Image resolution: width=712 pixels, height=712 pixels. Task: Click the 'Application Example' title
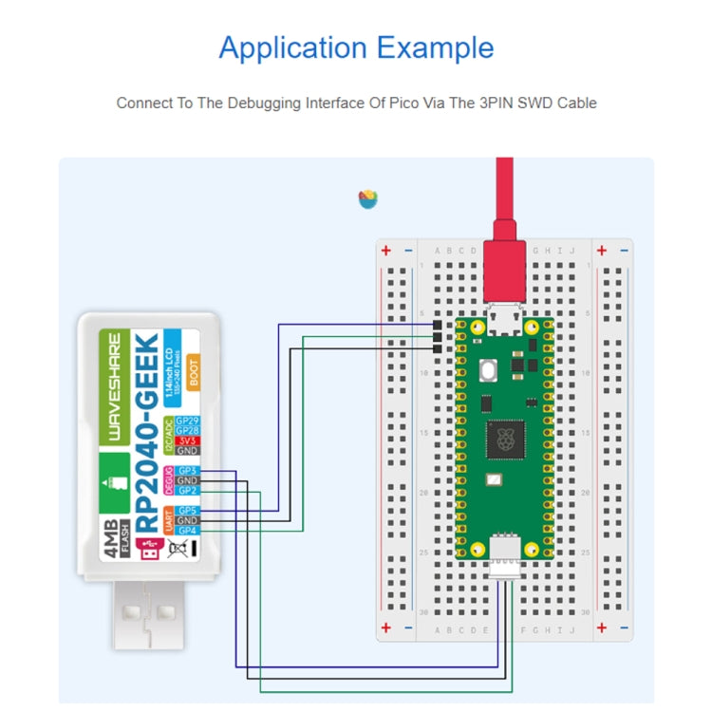coord(356,47)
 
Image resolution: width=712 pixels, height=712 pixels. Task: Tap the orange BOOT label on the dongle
coord(193,374)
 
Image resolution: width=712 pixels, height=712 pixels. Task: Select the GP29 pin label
coord(187,421)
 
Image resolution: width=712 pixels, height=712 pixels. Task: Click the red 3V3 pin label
coord(187,440)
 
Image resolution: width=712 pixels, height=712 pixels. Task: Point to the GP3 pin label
coord(187,471)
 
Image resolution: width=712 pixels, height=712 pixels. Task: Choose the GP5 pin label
coord(187,511)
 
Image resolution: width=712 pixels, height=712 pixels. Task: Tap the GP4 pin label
coord(187,531)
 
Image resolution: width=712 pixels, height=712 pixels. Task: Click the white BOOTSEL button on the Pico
coord(491,369)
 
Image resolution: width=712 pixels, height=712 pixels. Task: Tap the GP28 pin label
coord(187,431)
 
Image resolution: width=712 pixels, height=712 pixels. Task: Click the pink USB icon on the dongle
coord(148,549)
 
